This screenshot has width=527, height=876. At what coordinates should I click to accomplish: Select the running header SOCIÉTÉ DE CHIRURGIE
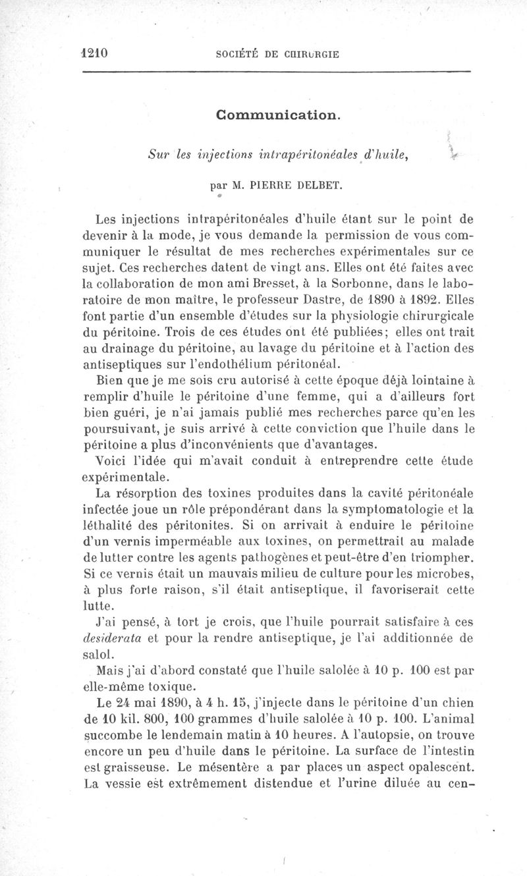click(x=277, y=54)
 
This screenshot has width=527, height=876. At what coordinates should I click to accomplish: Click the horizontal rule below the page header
click(x=277, y=70)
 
